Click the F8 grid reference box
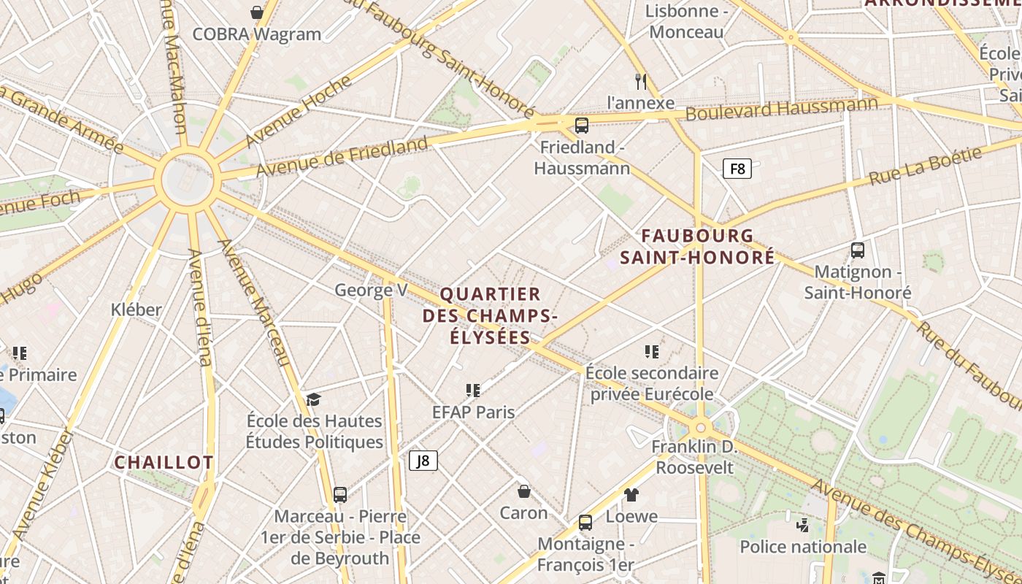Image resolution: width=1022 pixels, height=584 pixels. pos(737,169)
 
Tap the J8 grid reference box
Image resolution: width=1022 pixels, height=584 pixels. pos(423,461)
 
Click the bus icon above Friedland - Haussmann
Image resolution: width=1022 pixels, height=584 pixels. pos(582,125)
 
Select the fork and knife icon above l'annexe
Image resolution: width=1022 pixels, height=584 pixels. pos(641,81)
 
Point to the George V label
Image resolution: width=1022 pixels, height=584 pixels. pos(371,290)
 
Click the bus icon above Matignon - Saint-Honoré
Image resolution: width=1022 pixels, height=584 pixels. pos(858,250)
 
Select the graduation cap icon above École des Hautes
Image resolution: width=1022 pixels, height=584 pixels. pos(313,399)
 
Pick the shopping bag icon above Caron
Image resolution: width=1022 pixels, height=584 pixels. pos(523,491)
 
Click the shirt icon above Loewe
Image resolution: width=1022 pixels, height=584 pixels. pos(631,495)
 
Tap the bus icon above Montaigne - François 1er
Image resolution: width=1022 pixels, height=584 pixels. pos(585,522)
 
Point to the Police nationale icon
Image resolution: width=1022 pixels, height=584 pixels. pos(803,525)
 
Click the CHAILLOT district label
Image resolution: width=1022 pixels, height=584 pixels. pos(164,463)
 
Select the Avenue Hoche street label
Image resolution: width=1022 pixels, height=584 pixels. pos(288,111)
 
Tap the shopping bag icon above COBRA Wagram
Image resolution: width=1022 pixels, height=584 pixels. pos(257,12)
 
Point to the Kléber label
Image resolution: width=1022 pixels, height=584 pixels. pos(137,310)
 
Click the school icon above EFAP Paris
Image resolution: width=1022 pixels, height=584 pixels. pos(473,391)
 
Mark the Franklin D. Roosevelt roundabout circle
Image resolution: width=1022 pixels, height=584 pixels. pos(700,427)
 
